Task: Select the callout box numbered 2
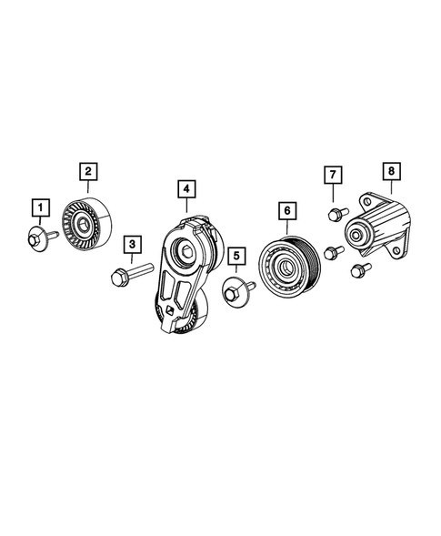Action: [88, 170]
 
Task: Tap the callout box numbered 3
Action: [132, 245]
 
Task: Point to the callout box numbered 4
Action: [185, 189]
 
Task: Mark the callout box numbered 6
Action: [286, 211]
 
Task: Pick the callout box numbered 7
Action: [334, 174]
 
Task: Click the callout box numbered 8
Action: [390, 170]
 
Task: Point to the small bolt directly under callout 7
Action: [333, 214]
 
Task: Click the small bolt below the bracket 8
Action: [356, 269]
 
